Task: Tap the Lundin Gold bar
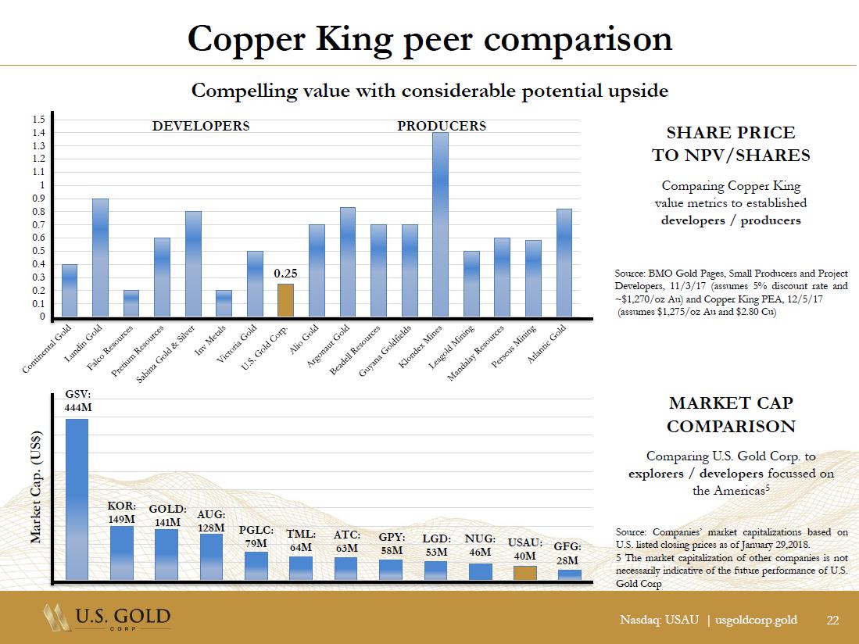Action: pos(100,258)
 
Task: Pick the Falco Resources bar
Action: pos(131,304)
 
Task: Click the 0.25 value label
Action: pos(286,274)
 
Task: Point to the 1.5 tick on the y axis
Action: pos(38,120)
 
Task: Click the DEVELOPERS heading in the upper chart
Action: pos(201,126)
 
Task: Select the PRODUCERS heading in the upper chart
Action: pos(442,126)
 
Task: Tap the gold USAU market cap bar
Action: pos(525,572)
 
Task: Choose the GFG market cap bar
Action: pos(570,574)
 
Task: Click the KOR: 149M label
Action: pos(121,512)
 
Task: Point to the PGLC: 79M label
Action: pos(256,537)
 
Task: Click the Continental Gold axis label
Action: pos(48,352)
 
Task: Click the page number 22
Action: pos(832,621)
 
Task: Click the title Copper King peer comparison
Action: pos(429,38)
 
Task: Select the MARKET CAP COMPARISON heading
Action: pos(731,415)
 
